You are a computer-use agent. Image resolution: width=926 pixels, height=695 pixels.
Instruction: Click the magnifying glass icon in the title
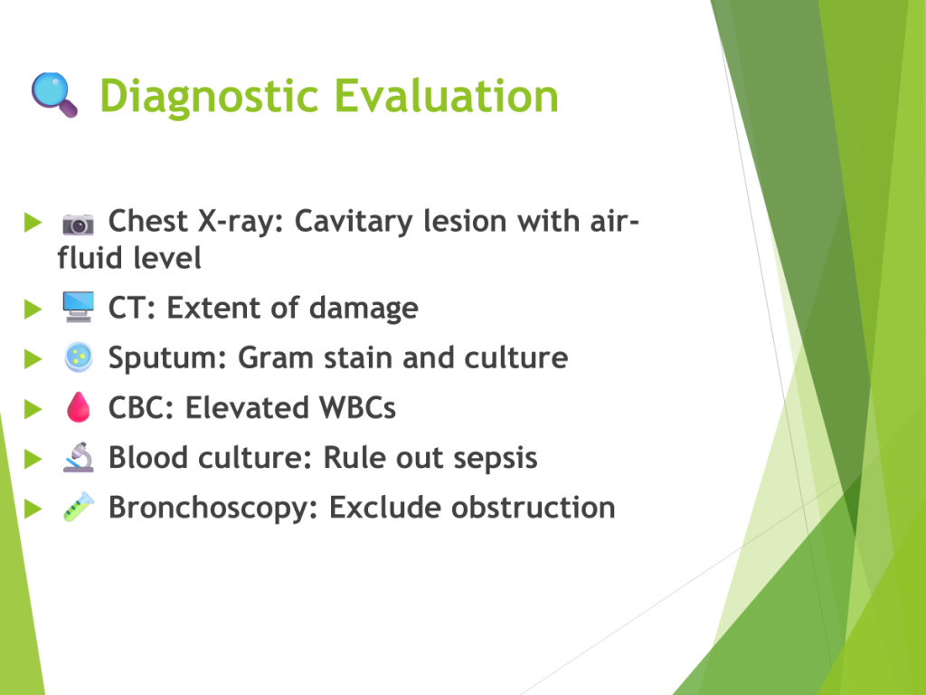[x=54, y=94]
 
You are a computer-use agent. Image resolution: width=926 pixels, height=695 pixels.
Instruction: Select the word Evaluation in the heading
[x=447, y=95]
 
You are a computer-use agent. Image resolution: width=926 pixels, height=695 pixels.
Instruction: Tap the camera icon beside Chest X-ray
[x=78, y=224]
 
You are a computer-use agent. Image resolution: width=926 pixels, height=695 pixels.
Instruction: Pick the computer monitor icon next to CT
[x=78, y=307]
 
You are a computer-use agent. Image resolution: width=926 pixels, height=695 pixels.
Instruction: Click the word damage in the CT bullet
[x=364, y=309]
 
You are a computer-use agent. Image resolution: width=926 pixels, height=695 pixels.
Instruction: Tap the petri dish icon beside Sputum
[x=79, y=357]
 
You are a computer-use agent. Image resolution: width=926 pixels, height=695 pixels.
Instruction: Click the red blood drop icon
[x=78, y=407]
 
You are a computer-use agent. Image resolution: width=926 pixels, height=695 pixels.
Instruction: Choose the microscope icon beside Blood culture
[x=78, y=457]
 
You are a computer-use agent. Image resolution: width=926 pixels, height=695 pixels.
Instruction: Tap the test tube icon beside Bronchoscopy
[x=79, y=507]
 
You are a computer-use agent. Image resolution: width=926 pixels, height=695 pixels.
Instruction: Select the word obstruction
[x=533, y=508]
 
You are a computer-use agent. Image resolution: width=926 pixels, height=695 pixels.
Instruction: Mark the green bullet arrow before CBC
[x=33, y=408]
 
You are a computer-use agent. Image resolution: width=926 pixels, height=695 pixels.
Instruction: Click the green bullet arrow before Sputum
[x=33, y=358]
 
